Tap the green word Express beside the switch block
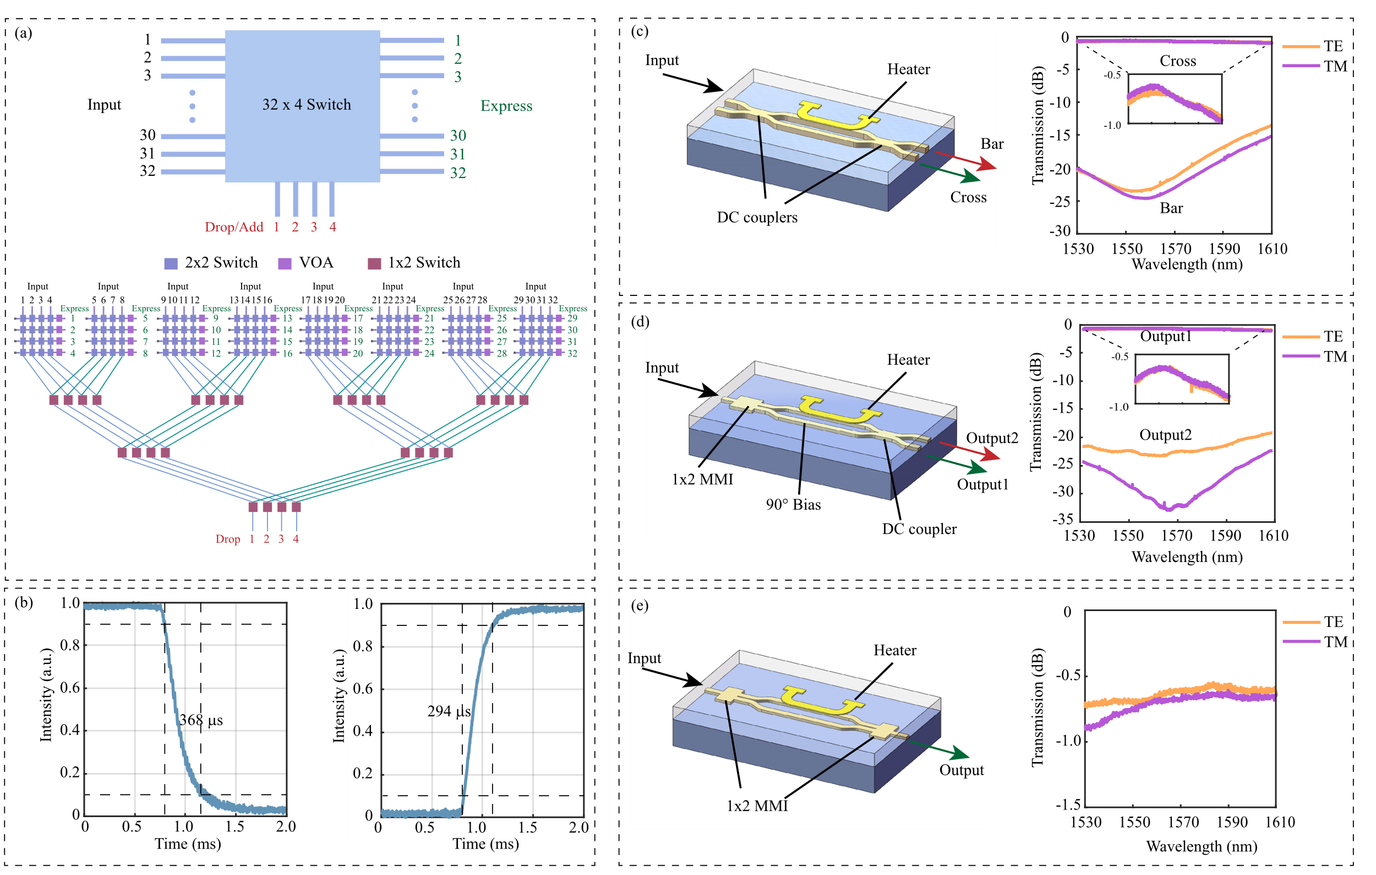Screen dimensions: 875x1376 [506, 106]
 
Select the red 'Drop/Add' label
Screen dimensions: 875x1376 [234, 227]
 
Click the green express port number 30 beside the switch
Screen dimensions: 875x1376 [458, 136]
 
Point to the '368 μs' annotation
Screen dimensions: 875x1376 [200, 720]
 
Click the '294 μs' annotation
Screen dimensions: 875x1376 [449, 711]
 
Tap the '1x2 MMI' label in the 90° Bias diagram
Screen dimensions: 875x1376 [702, 479]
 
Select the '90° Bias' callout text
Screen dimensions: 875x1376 [793, 504]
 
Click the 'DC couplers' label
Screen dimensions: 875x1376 [757, 217]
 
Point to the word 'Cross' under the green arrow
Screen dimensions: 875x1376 [968, 197]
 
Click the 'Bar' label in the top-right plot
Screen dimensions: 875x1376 [1171, 208]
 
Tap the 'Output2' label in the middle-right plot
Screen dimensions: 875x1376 [1165, 435]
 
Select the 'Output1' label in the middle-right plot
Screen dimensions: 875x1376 [1166, 336]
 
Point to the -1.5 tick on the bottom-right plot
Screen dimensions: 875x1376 [1067, 804]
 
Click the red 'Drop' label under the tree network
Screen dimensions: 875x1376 [227, 539]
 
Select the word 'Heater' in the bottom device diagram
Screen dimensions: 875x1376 [894, 650]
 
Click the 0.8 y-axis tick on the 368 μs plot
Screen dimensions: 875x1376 [70, 645]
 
